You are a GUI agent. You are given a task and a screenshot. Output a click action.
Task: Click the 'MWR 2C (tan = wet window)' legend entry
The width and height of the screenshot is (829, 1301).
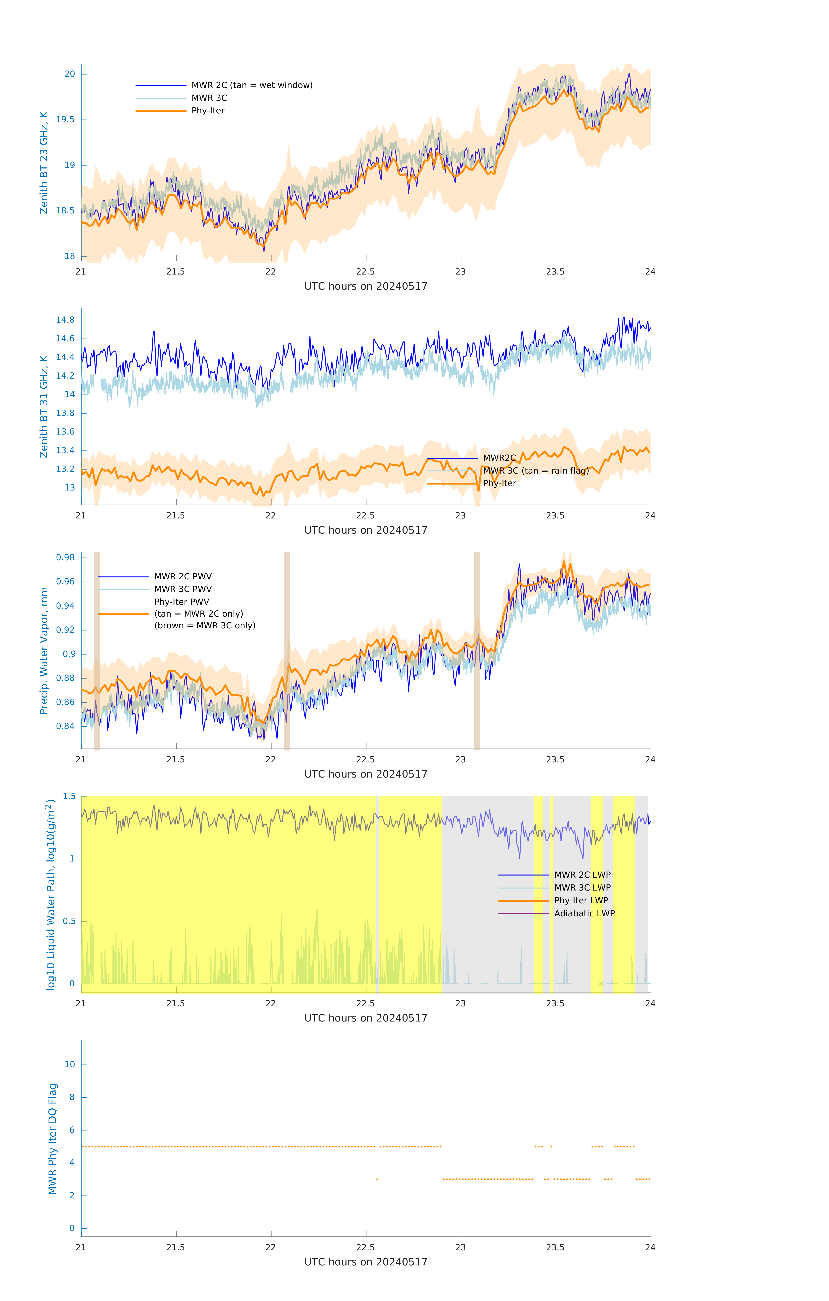252,85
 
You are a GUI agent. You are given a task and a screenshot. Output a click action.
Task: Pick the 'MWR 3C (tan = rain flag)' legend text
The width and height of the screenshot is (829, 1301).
535,471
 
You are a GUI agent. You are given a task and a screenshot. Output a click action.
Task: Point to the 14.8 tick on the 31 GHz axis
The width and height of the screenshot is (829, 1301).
65,320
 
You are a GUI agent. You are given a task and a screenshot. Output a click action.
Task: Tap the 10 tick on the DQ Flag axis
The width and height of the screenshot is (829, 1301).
70,1064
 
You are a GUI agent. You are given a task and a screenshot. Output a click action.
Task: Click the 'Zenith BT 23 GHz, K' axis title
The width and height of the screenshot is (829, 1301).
44,163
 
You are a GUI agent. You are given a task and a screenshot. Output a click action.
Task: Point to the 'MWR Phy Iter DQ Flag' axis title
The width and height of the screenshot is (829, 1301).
52,1138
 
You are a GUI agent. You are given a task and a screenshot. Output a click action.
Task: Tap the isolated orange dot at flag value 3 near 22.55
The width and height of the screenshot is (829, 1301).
377,1179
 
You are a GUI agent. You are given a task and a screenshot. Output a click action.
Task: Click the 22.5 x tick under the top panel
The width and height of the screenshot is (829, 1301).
366,271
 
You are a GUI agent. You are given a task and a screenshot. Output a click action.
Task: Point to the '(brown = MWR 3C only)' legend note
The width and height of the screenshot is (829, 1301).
205,626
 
